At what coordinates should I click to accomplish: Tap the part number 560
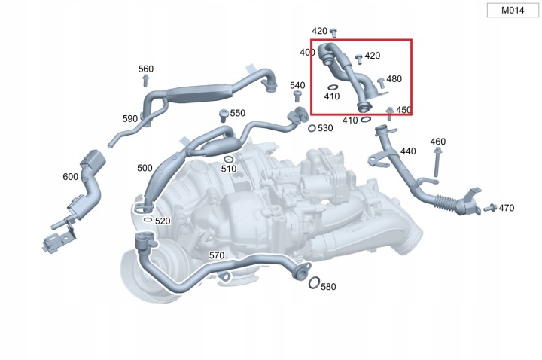pos(146,69)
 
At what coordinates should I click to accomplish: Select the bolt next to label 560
pos(146,81)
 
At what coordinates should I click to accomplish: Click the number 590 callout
pos(130,119)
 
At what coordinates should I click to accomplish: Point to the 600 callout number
pos(70,176)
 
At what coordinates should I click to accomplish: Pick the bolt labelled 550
pos(223,115)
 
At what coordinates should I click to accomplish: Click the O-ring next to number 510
pos(228,158)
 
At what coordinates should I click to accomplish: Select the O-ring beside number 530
pos(312,128)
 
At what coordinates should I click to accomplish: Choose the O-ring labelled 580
pos(312,283)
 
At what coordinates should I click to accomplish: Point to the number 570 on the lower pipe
pos(217,256)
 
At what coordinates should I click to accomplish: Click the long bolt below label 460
pos(437,161)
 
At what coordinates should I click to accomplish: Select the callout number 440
pos(408,151)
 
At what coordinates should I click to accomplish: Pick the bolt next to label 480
pos(381,82)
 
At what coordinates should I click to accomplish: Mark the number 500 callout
pos(145,168)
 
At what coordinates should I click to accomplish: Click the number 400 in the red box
pos(307,53)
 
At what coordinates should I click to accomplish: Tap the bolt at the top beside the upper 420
pos(334,31)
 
